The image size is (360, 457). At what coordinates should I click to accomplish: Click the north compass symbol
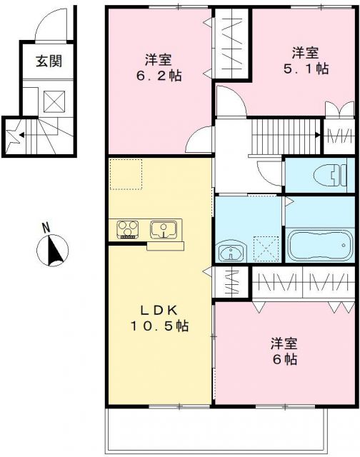pos(51,251)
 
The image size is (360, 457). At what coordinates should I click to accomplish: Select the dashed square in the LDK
pos(126,174)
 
